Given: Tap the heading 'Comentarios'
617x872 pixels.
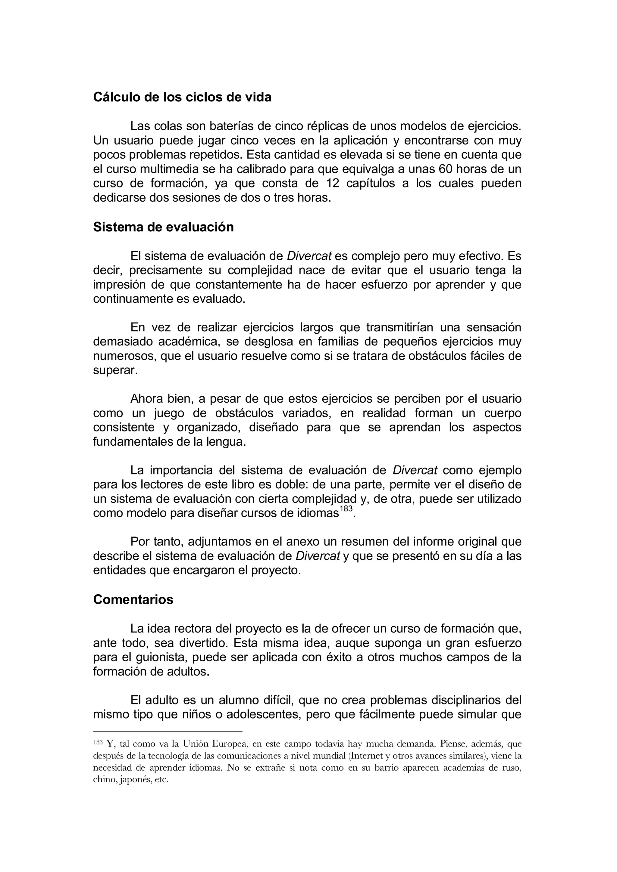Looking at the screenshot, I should point(133,599).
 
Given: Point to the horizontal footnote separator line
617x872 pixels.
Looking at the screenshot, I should point(168,731).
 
